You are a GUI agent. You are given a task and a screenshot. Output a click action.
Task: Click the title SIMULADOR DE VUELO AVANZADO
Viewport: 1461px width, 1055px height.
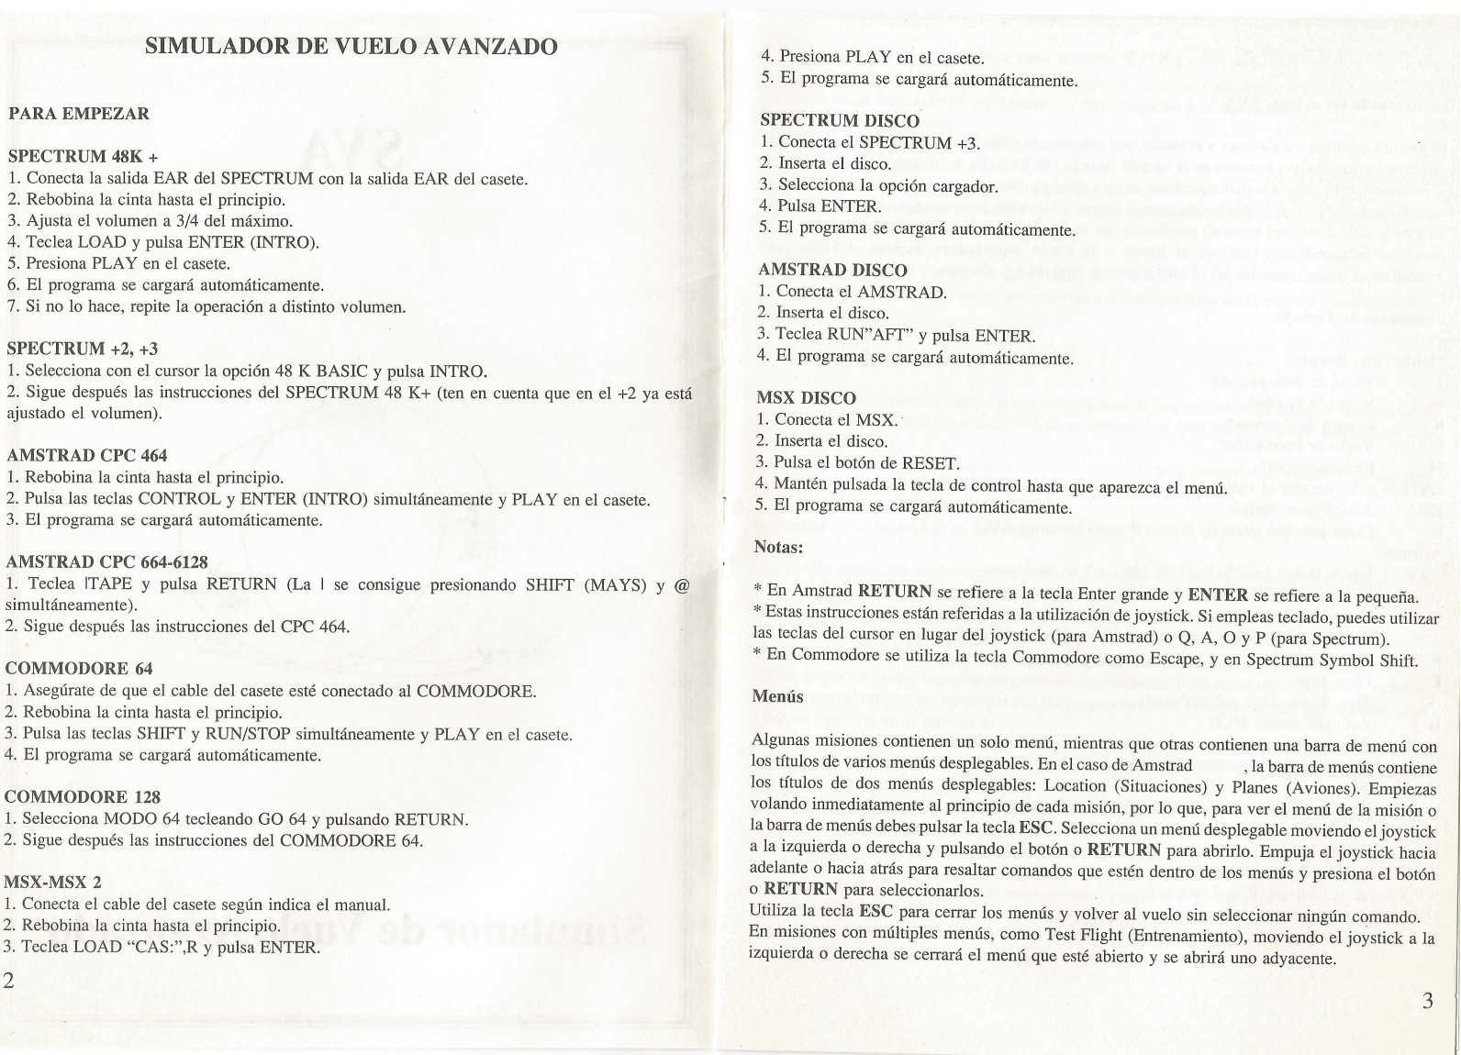[351, 46]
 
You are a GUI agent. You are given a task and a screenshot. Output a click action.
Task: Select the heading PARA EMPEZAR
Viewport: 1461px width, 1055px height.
[78, 115]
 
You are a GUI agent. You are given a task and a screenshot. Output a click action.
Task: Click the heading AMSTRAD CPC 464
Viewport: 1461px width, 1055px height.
[86, 456]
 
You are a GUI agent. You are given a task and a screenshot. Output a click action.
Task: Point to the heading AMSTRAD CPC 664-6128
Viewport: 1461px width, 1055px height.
[113, 561]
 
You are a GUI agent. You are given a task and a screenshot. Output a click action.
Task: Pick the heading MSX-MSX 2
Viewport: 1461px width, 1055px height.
[53, 883]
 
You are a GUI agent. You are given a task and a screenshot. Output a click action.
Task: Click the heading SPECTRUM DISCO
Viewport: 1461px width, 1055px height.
[840, 121]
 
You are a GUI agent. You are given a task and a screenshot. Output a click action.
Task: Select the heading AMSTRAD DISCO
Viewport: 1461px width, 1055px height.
[832, 271]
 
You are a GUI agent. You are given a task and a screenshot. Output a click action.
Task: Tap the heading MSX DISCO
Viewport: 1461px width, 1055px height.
[806, 398]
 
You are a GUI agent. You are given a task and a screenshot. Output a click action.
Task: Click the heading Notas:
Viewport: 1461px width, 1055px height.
[778, 548]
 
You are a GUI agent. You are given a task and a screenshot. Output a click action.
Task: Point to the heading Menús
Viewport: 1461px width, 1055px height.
[777, 696]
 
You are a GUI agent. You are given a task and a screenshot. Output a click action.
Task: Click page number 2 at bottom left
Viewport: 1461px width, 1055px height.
[10, 1005]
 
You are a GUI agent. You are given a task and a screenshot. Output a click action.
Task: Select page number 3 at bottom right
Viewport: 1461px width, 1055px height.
[1427, 1001]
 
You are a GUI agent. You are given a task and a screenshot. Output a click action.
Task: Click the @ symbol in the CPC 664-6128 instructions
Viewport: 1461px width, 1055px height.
[680, 584]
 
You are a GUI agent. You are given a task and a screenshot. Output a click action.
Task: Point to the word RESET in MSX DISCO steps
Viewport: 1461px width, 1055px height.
[932, 463]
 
